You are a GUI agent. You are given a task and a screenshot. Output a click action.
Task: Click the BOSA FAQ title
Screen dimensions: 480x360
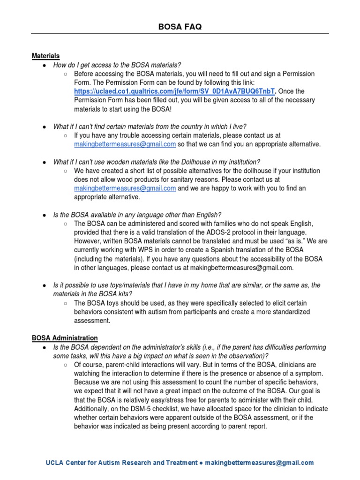pos(180,27)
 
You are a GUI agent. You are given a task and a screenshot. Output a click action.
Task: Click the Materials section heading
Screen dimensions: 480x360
pos(45,56)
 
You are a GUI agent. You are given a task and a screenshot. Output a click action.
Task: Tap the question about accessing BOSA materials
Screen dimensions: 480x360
pos(117,65)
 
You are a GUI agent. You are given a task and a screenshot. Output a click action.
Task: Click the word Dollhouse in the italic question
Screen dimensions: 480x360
pos(203,162)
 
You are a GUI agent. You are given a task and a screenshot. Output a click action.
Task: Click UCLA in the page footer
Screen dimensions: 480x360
pos(54,463)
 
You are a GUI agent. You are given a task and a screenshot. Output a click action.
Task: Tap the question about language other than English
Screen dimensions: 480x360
pos(137,215)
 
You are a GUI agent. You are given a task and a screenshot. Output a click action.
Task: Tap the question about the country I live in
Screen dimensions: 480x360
pos(150,127)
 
